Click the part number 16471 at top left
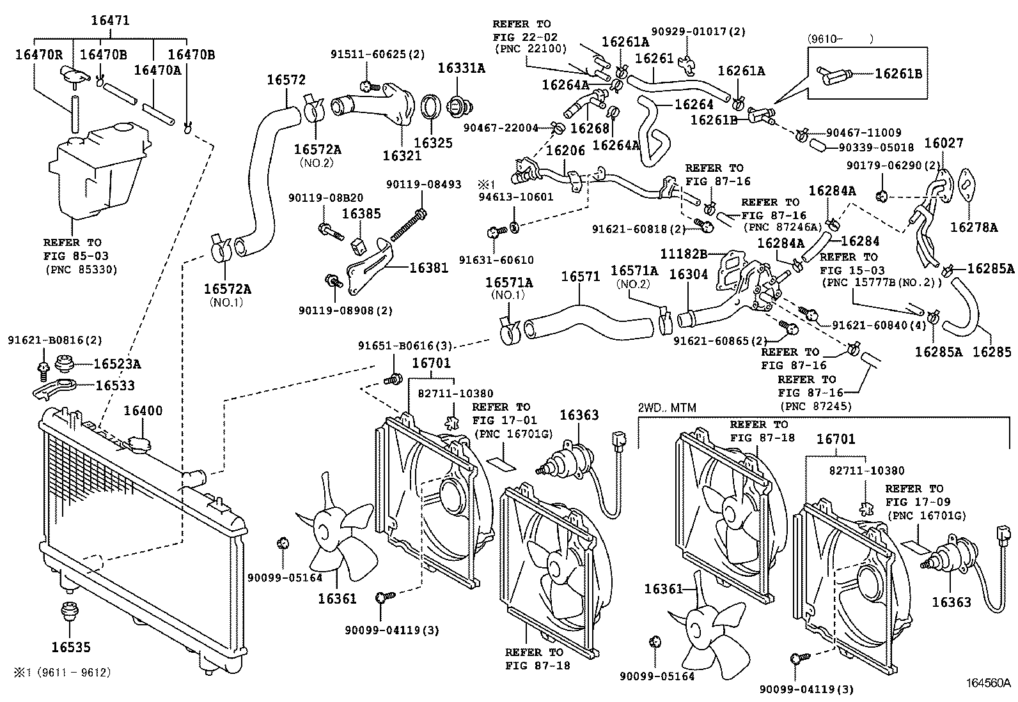click(109, 20)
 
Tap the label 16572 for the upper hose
click(286, 80)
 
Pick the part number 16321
click(402, 155)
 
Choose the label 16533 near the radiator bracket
click(115, 386)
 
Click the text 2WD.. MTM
click(666, 408)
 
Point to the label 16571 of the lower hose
click(580, 277)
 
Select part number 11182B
click(683, 254)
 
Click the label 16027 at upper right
click(943, 143)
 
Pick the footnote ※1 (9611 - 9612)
click(63, 673)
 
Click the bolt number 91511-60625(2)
click(377, 54)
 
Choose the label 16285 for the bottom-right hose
click(992, 351)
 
